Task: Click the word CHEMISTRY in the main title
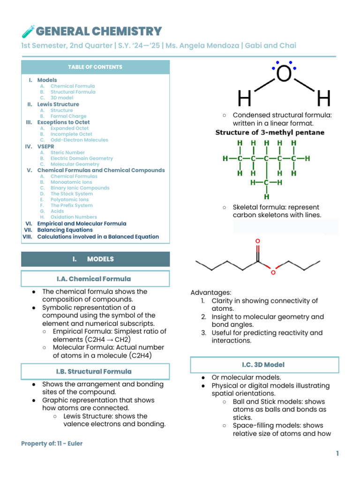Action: pyautogui.click(x=127, y=31)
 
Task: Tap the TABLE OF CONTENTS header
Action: pyautogui.click(x=95, y=67)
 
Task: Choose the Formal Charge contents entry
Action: pyautogui.click(x=68, y=116)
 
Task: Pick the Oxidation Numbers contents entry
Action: pyautogui.click(x=74, y=217)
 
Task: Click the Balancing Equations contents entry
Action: pyautogui.click(x=65, y=230)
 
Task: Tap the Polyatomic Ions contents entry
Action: pyautogui.click(x=69, y=200)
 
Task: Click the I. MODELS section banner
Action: pyautogui.click(x=95, y=259)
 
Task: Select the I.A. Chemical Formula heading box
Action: pyautogui.click(x=95, y=279)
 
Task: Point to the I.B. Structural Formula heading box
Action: pyautogui.click(x=95, y=372)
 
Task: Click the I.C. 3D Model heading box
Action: pyautogui.click(x=264, y=365)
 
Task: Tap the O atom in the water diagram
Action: pyautogui.click(x=284, y=74)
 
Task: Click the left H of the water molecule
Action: pyautogui.click(x=244, y=99)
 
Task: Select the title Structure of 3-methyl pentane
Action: pyautogui.click(x=270, y=133)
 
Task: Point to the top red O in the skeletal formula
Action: pyautogui.click(x=257, y=241)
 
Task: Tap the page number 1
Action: pyautogui.click(x=337, y=453)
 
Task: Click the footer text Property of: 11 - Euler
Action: pyautogui.click(x=52, y=443)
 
